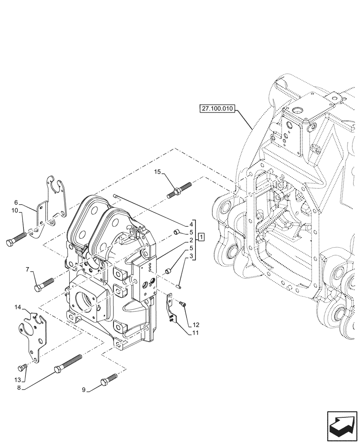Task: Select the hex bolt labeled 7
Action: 43,284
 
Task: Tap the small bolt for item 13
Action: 22,367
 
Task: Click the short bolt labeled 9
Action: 109,379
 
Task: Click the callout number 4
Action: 190,224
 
